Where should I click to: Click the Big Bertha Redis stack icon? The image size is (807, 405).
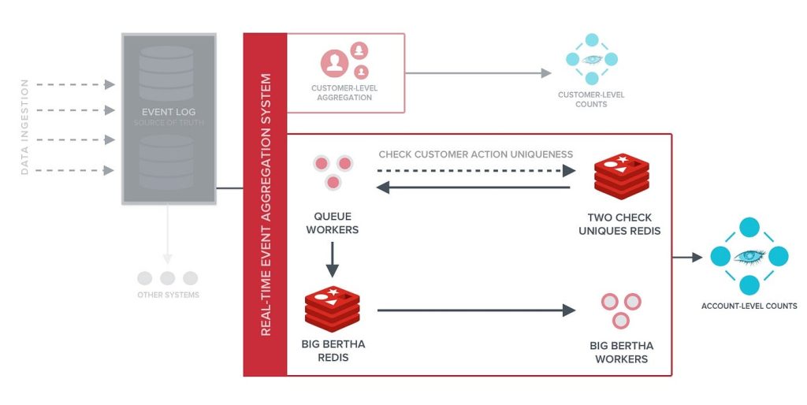332,310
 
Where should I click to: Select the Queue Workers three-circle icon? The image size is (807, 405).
333,173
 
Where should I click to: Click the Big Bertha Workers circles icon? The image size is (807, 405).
621,310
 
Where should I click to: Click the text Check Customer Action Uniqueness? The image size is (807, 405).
475,154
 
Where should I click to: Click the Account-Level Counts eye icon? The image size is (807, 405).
749,257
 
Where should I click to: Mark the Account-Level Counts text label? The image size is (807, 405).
749,306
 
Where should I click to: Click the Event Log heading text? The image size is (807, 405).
168,113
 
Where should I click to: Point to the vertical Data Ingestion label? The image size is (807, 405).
24,126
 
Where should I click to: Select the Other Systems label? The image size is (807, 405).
167,295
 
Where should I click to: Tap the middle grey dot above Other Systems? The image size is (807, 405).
167,278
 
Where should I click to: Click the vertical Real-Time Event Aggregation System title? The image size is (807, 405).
266,204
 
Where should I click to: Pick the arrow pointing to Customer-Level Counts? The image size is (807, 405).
478,73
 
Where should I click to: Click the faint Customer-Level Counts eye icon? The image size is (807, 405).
592,59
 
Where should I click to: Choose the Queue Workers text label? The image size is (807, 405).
333,222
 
